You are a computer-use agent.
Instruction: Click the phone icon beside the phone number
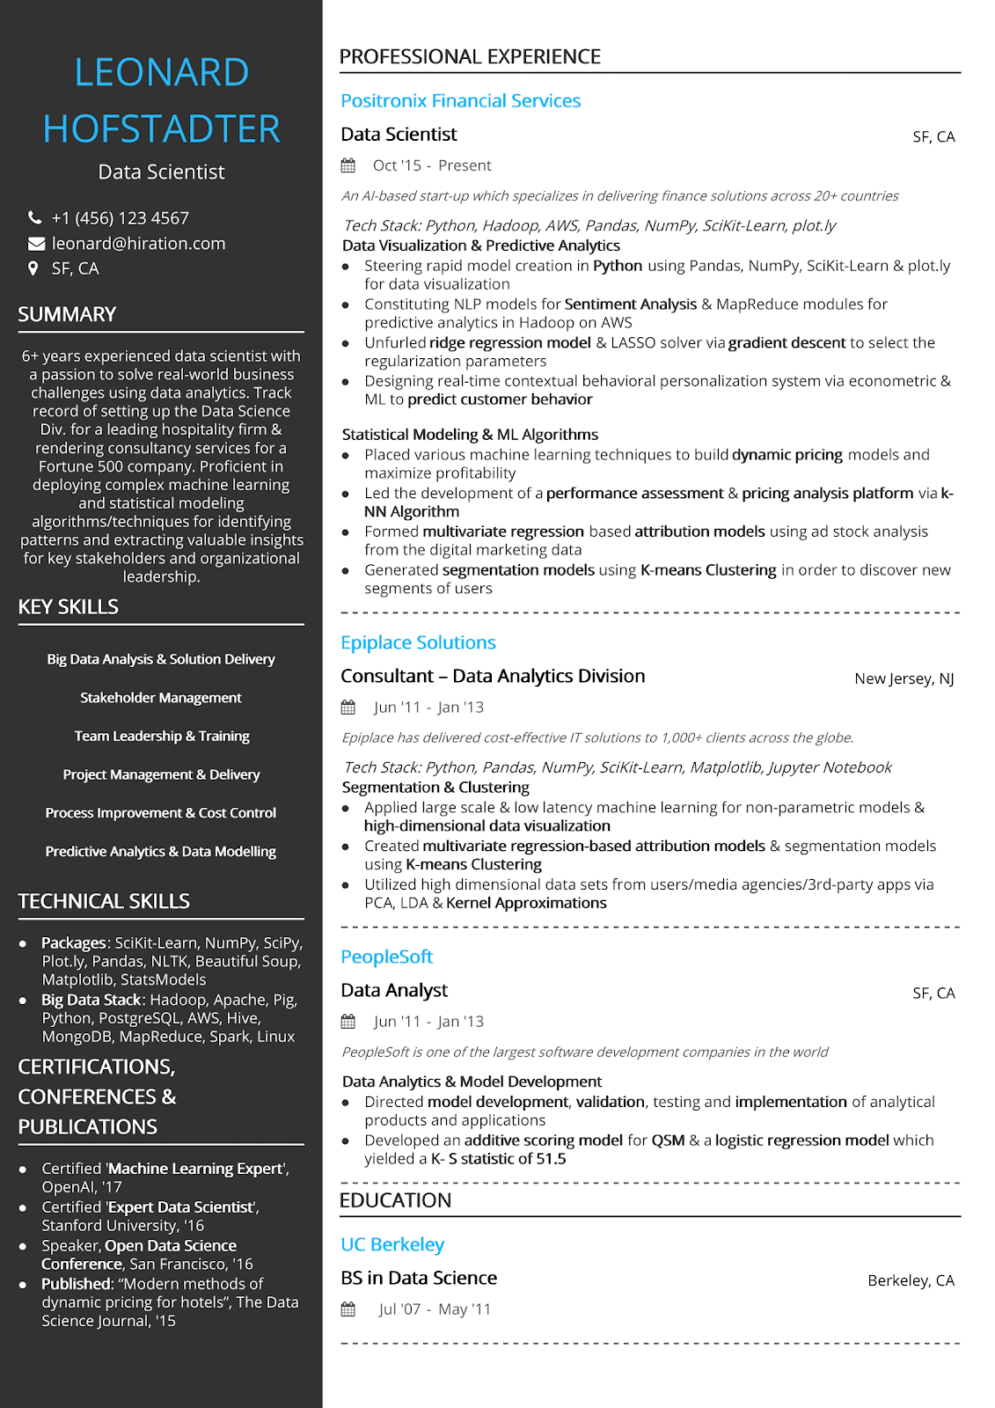tap(35, 217)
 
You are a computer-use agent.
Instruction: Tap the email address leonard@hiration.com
tap(138, 244)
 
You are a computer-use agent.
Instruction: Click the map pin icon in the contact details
tap(33, 268)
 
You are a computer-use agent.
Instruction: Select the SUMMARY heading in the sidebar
tap(67, 314)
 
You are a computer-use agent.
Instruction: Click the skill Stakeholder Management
tap(161, 698)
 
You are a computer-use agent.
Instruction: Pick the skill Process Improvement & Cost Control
tap(161, 813)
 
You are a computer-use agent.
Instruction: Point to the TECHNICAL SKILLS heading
tap(104, 901)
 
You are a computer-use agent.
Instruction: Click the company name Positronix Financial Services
tap(460, 101)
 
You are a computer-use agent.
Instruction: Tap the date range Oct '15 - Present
tap(432, 165)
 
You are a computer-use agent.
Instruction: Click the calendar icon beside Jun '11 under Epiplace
tap(348, 708)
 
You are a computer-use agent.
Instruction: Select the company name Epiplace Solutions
tap(418, 642)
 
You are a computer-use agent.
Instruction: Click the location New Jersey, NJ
tap(904, 678)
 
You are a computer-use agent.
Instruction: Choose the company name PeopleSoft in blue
tap(386, 957)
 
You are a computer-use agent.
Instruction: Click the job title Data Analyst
tap(394, 990)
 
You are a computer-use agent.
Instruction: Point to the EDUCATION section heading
tap(395, 1200)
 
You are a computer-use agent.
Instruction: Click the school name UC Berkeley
tap(392, 1244)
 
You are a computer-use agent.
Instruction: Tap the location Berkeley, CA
tap(911, 1280)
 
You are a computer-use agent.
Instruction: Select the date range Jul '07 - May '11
tap(435, 1309)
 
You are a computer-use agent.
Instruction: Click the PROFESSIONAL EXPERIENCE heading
tap(470, 57)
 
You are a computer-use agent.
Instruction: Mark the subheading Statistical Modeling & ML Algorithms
tap(470, 435)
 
